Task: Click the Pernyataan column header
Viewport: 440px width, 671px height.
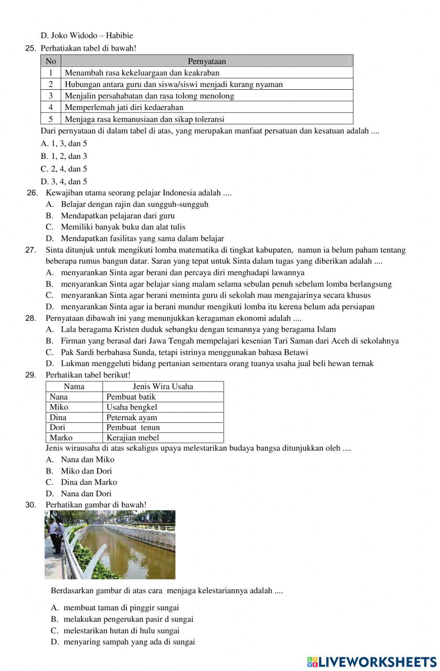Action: (x=207, y=61)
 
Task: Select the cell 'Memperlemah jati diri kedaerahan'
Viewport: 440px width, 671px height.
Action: (x=124, y=107)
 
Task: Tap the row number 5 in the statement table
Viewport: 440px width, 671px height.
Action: (x=51, y=119)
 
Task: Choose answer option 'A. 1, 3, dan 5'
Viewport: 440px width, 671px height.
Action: (x=64, y=143)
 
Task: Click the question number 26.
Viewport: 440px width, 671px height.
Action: (x=33, y=193)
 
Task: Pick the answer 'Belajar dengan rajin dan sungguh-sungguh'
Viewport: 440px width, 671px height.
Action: (x=134, y=204)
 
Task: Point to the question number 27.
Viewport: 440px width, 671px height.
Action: (x=31, y=250)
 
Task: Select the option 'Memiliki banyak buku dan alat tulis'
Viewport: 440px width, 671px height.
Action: (x=123, y=227)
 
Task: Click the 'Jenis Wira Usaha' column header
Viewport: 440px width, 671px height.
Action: (x=163, y=386)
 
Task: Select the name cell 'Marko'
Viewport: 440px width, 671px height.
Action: (x=61, y=438)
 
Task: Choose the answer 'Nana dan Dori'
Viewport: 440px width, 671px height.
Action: (x=86, y=494)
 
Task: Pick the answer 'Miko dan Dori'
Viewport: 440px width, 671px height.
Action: (x=86, y=471)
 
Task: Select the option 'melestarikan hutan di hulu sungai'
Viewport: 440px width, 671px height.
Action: (x=121, y=631)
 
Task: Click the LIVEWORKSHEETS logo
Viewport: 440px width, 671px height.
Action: (x=372, y=662)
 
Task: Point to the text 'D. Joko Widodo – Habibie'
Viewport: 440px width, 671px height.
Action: (x=87, y=36)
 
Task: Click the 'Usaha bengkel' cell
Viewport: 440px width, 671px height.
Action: (x=132, y=407)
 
